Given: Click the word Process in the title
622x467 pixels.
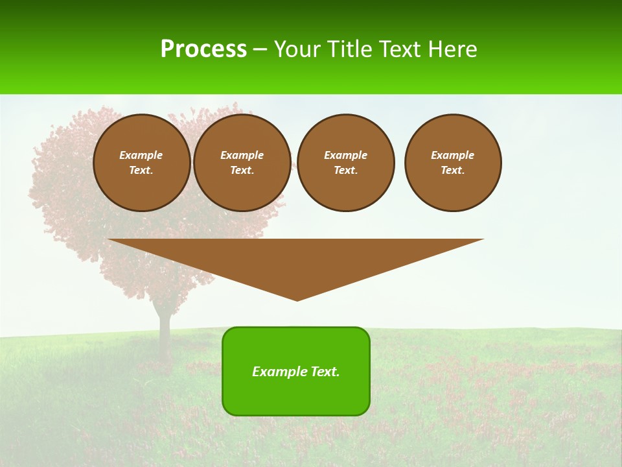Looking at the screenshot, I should pyautogui.click(x=203, y=49).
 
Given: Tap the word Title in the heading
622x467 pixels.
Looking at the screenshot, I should pyautogui.click(x=350, y=49).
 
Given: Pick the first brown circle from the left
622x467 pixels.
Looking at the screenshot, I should pyautogui.click(x=142, y=163).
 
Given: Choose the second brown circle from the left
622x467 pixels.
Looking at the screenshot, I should pyautogui.click(x=242, y=163).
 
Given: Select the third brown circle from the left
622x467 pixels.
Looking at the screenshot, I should pyautogui.click(x=346, y=163).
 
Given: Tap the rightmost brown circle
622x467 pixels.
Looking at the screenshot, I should pyautogui.click(x=453, y=163).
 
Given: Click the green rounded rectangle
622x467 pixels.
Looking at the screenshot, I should pyautogui.click(x=296, y=371).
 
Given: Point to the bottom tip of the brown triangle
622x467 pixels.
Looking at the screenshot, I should pyautogui.click(x=297, y=300).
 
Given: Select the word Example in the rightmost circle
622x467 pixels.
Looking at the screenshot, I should pyautogui.click(x=453, y=155).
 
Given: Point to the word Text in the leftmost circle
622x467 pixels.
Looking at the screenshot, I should pyautogui.click(x=141, y=171).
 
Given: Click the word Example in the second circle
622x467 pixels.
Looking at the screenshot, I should pyautogui.click(x=242, y=155).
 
